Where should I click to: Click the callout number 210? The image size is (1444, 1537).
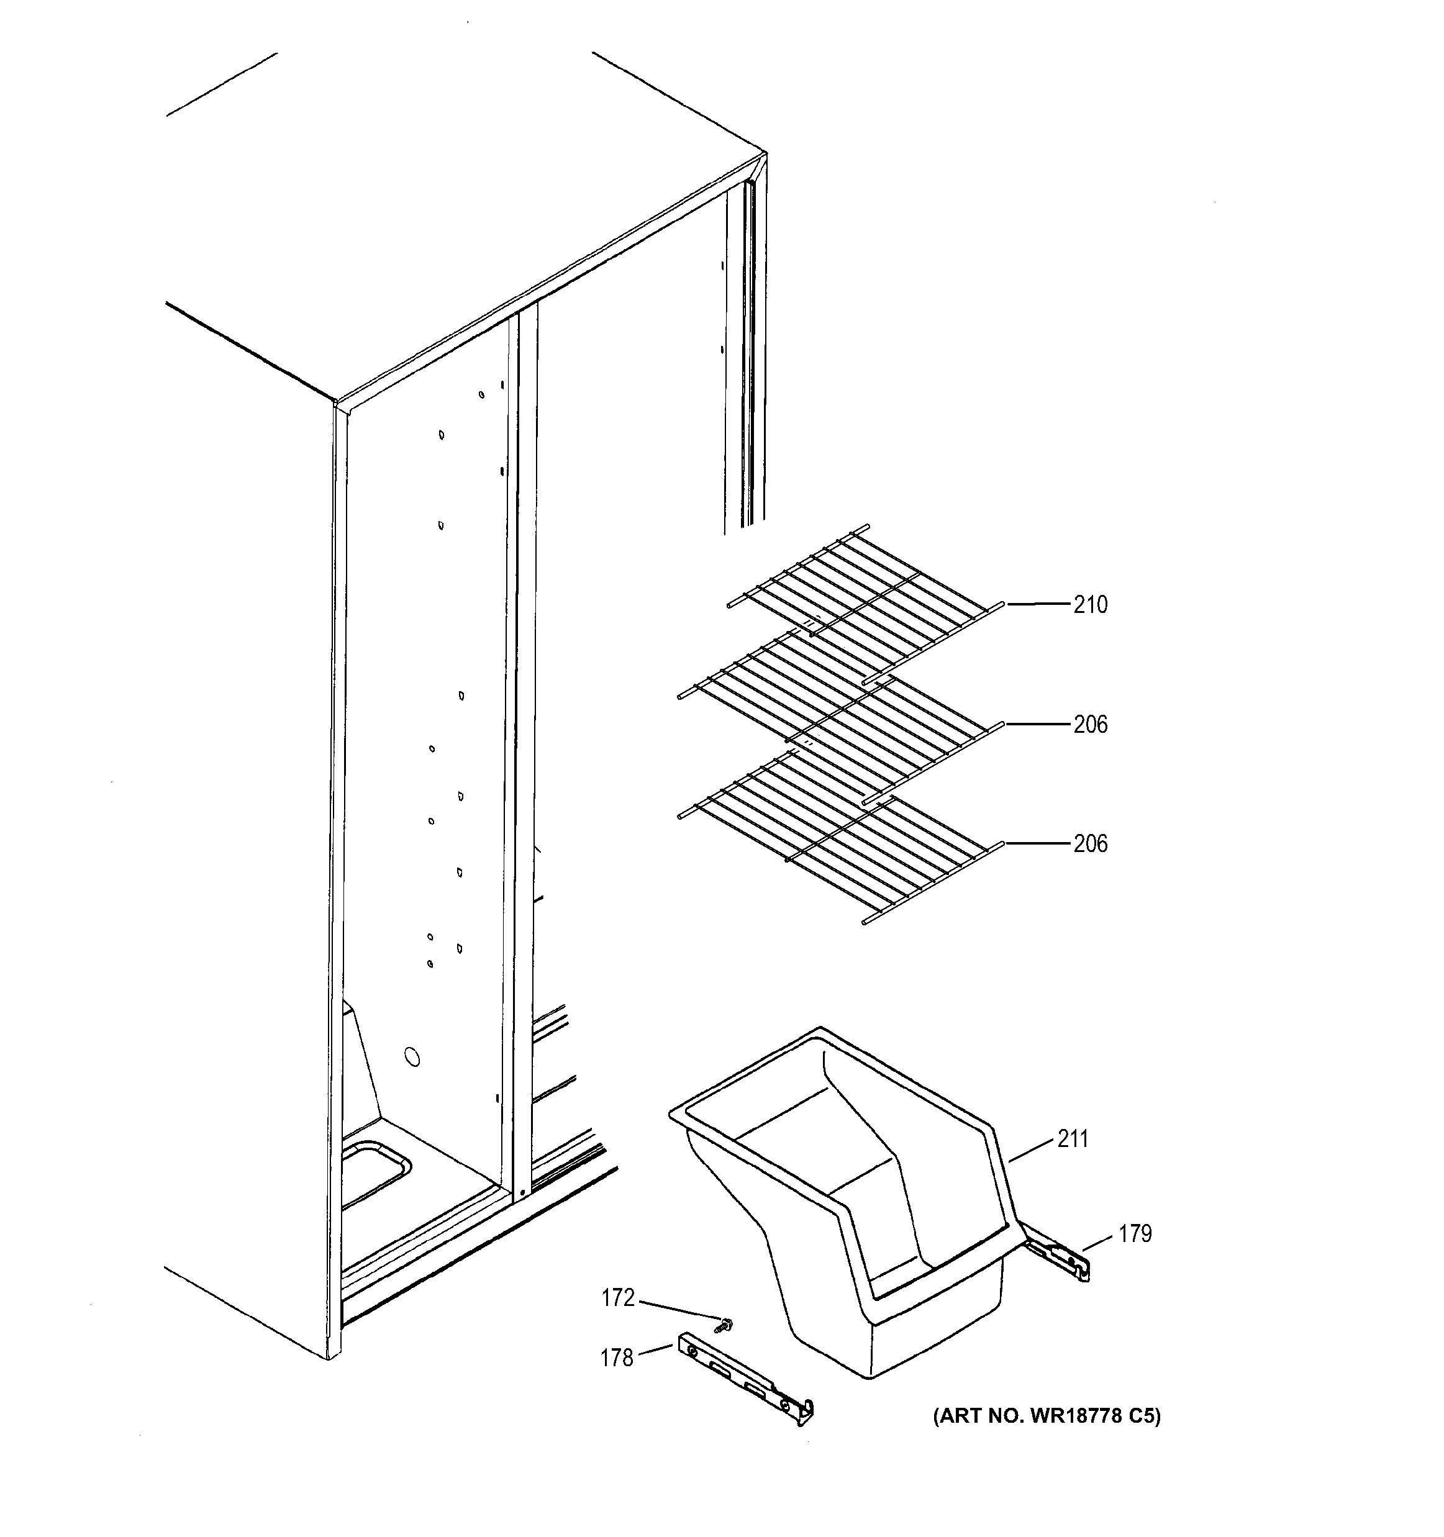[1090, 605]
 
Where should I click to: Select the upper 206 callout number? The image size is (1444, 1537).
[1090, 725]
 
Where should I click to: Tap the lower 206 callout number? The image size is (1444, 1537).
[1090, 843]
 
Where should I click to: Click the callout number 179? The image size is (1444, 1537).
[1135, 1234]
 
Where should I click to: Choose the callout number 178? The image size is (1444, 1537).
[616, 1358]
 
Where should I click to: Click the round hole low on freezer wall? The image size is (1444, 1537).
[413, 1057]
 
